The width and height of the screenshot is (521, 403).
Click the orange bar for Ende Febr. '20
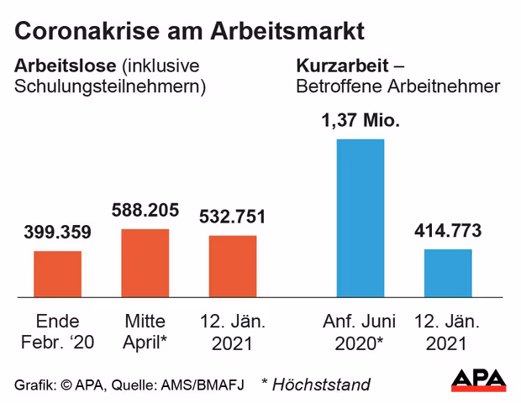(x=58, y=274)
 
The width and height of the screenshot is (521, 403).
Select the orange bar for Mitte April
(x=145, y=263)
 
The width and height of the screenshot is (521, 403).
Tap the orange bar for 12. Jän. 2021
(x=233, y=266)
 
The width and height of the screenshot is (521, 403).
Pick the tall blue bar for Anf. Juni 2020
(x=360, y=217)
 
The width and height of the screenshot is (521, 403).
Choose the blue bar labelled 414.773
(x=447, y=273)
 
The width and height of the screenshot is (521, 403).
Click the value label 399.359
(x=58, y=233)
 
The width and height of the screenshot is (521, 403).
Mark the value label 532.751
(x=233, y=217)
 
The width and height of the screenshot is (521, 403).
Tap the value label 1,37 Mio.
(x=360, y=120)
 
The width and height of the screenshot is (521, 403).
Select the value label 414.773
(x=447, y=230)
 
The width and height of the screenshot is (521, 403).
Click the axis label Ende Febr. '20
(x=58, y=332)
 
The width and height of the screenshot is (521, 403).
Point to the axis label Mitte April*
(x=145, y=332)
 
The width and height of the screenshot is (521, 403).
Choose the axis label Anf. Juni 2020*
(x=360, y=332)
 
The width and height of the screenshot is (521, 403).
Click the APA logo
(x=478, y=379)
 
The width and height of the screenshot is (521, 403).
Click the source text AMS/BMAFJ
(x=205, y=385)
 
